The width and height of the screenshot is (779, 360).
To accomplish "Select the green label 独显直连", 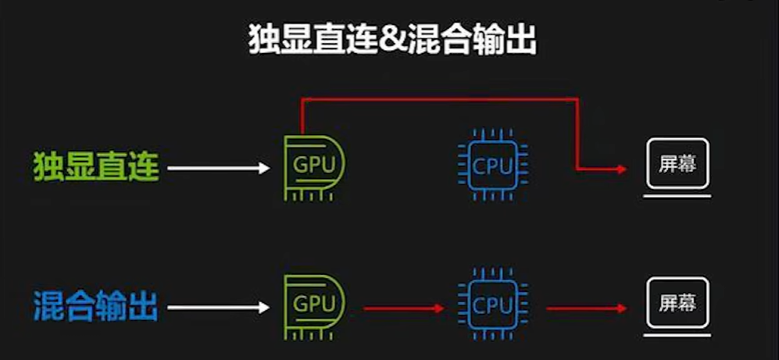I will coord(96,167).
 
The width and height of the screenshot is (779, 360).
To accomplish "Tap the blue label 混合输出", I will coord(96,305).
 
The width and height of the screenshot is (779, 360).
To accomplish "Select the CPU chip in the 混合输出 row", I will coord(492,303).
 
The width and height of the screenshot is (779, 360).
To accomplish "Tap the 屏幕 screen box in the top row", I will coord(677,165).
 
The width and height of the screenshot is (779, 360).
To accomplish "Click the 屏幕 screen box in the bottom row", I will coord(677,302).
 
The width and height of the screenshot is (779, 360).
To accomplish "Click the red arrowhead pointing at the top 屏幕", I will coord(621,168).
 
